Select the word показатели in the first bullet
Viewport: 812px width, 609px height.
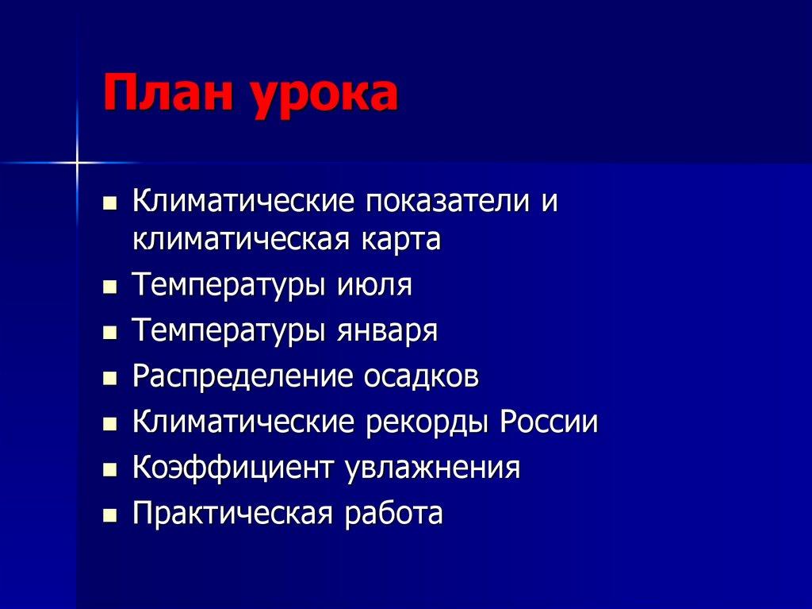[x=448, y=201]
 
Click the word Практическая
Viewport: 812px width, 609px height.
[x=232, y=513]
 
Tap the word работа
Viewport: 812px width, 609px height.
[x=393, y=513]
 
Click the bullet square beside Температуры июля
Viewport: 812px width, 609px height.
[x=109, y=286]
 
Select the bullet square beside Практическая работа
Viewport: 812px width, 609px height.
[x=109, y=515]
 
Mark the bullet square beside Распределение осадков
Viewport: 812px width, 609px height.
[x=109, y=377]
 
